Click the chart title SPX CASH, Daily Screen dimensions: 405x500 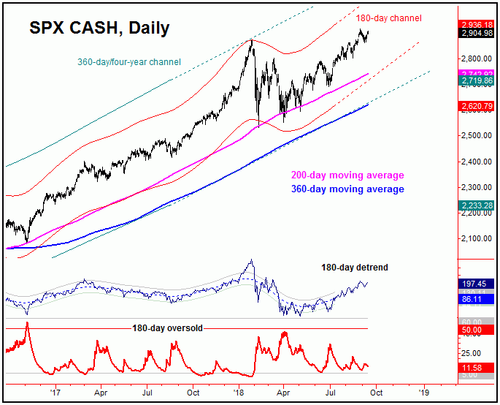click(99, 29)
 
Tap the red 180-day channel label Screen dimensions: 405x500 click(389, 18)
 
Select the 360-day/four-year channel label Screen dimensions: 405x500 click(129, 62)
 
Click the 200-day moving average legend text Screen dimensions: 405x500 click(348, 175)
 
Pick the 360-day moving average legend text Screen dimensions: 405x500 click(348, 189)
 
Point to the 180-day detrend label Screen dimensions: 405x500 click(355, 268)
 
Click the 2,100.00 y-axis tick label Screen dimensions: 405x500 click(475, 238)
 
